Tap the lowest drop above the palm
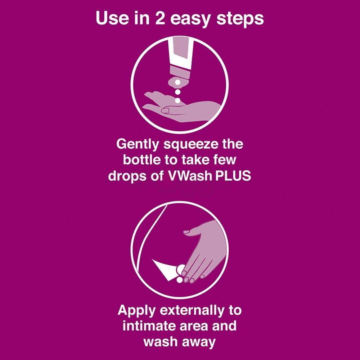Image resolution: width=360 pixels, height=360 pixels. click(x=177, y=100)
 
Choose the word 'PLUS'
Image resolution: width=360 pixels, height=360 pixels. click(x=233, y=177)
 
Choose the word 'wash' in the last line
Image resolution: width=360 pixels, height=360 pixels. click(x=160, y=342)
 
